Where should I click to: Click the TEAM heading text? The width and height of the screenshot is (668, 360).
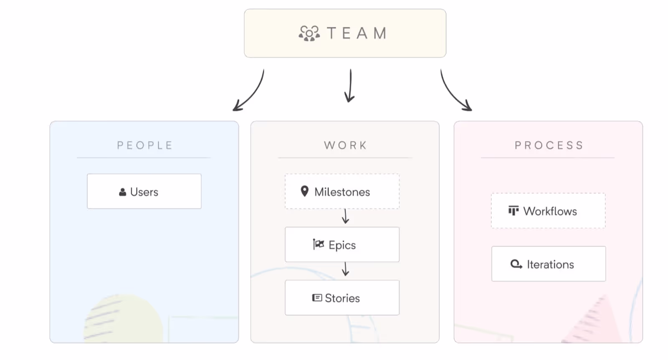(x=357, y=33)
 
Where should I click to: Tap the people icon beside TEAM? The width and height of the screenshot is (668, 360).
(x=309, y=33)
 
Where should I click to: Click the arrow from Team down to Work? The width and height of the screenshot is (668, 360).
(x=350, y=86)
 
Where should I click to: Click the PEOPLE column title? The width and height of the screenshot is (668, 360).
(x=144, y=145)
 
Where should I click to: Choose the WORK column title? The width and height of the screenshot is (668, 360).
(x=345, y=145)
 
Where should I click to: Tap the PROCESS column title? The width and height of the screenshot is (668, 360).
(x=549, y=145)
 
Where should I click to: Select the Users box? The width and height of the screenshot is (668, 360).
(x=144, y=191)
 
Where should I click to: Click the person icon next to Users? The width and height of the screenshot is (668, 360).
(x=123, y=192)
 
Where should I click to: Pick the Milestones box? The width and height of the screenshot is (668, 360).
(x=342, y=191)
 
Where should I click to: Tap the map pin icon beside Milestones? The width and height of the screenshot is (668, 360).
(x=304, y=191)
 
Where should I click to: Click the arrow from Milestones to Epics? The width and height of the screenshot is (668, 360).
(x=345, y=216)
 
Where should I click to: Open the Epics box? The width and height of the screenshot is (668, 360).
(x=342, y=245)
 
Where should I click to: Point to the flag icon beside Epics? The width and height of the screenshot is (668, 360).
(x=319, y=244)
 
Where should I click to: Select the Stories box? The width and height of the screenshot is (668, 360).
(x=342, y=298)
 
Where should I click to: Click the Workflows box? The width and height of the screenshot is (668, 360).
(x=549, y=210)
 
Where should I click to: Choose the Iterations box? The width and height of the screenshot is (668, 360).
(x=549, y=264)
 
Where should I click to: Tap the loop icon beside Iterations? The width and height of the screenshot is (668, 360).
(x=516, y=264)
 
